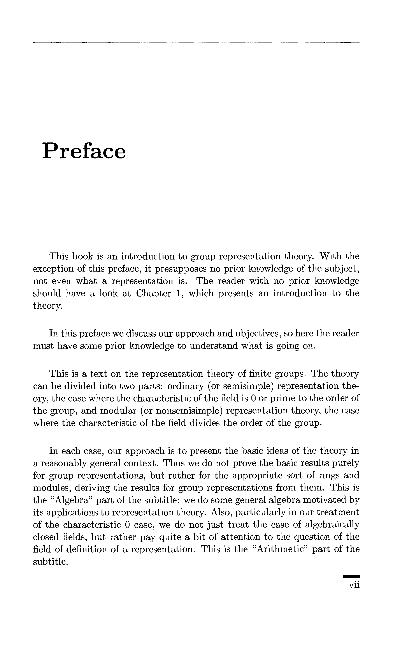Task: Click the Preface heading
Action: pos(84,151)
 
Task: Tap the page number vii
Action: pos(354,585)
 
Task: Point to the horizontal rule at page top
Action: pos(196,43)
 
